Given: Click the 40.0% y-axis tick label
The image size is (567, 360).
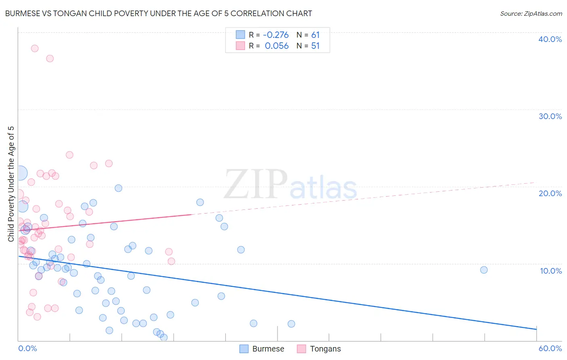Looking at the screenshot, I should coord(550,39).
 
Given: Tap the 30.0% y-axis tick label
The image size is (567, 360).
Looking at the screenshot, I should coord(550,116).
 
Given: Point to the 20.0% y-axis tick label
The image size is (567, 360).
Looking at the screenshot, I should coord(550,193).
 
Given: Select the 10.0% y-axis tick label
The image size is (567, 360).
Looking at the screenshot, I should coord(550,271).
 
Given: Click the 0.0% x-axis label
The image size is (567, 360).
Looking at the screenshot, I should coord(27,348).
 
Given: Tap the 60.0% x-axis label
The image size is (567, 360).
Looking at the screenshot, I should coord(550,348).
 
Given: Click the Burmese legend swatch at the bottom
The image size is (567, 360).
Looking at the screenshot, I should coord(244,349).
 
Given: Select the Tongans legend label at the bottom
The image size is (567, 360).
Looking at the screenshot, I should coord(325,349).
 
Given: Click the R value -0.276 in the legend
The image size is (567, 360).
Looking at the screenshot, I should coord(276,35).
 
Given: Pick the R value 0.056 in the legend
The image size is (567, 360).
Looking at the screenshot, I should coord(277,46).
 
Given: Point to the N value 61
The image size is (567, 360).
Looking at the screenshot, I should coord(315,35).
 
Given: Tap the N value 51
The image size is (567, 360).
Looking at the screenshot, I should coord(315,46).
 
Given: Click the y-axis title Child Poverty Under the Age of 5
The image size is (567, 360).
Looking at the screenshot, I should coord(11,184).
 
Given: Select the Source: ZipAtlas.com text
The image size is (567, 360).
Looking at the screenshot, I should coord(531,14).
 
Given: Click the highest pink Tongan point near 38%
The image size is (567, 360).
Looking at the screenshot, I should coord(35,48).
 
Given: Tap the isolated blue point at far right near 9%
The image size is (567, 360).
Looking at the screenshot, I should coord(484,270).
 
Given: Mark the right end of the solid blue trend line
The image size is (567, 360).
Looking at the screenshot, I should coord(536,329).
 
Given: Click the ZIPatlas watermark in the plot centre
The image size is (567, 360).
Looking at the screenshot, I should coord(290,185).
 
